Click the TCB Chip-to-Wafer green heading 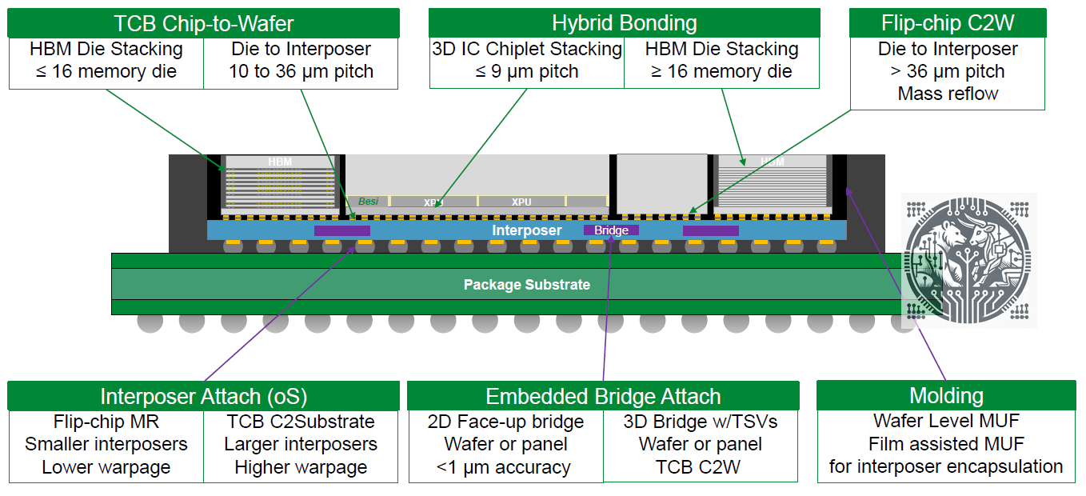[x=203, y=22]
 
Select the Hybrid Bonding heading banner [x=624, y=22]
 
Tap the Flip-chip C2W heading [x=947, y=22]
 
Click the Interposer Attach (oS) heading [x=203, y=396]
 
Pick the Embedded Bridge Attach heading [x=603, y=396]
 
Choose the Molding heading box [x=946, y=395]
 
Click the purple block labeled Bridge [x=611, y=230]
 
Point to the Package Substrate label [x=527, y=285]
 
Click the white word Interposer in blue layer [x=526, y=230]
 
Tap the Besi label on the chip [x=368, y=202]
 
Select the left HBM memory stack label [x=280, y=162]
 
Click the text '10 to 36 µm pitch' [x=301, y=71]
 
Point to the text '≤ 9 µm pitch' [x=526, y=71]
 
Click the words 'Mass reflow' [x=948, y=94]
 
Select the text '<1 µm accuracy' [x=505, y=467]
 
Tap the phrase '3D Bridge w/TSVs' [x=700, y=422]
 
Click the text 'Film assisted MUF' [x=946, y=444]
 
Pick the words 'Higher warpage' [x=301, y=467]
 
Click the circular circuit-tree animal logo [x=969, y=260]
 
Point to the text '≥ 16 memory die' [x=721, y=71]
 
